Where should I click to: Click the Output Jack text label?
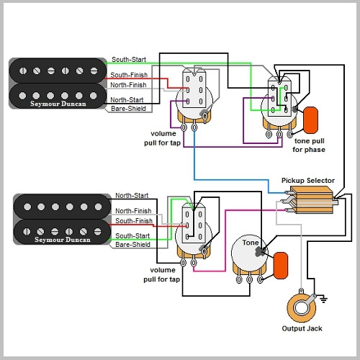pos(302,328)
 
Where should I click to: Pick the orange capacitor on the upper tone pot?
pos(311,117)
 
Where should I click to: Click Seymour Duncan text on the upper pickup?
pos(55,102)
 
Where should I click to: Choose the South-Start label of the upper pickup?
pos(129,60)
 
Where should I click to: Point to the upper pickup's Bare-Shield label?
pos(129,109)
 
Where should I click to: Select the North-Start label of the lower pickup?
pos(132,195)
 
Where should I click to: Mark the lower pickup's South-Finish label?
pos(133,221)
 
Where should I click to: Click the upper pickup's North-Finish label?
pos(129,84)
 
